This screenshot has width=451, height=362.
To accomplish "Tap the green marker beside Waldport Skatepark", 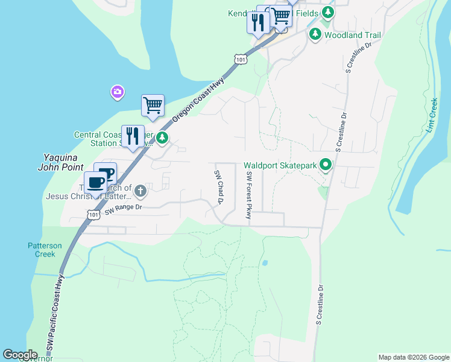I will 326,164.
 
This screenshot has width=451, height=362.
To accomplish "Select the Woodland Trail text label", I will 353,35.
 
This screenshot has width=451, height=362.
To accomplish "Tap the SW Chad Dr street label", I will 218,187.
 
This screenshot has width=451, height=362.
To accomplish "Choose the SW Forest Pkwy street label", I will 248,195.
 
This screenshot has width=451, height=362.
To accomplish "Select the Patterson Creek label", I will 45,250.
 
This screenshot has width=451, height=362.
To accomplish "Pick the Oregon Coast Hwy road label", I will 198,96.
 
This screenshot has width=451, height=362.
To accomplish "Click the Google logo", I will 20,355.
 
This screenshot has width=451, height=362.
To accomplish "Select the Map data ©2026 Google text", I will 414,357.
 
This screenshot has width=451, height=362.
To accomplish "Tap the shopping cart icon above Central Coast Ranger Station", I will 153,106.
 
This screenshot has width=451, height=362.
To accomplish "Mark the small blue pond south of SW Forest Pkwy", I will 264,263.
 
